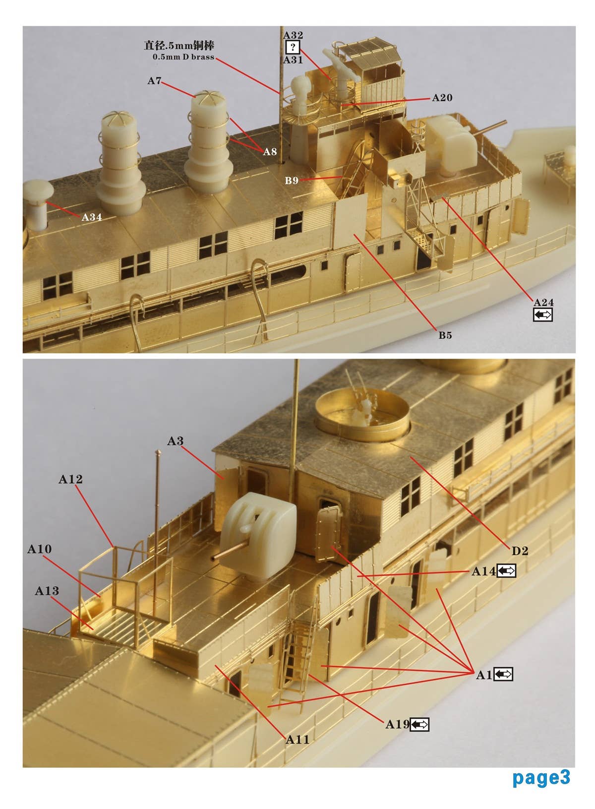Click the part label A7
click(154, 81)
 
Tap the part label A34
click(91, 217)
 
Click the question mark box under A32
click(293, 48)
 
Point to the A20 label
click(442, 98)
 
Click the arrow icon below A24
click(542, 314)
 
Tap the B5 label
click(445, 335)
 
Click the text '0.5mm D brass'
click(183, 57)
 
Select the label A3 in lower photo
click(175, 441)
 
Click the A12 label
click(70, 479)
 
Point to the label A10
click(40, 549)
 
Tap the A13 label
click(47, 591)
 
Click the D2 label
click(520, 551)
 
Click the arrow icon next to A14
click(507, 571)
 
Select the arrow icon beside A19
click(420, 725)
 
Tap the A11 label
click(297, 740)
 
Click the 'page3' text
click(541, 777)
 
